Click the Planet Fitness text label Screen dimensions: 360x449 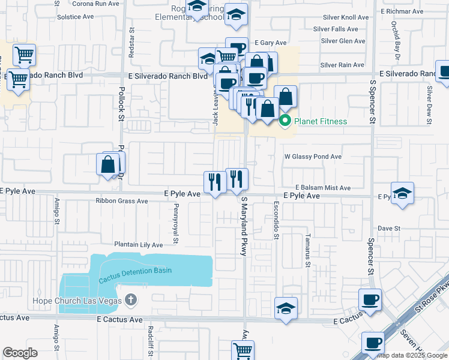320,122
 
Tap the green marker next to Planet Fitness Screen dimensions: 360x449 286,122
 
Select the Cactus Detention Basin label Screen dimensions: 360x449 136,271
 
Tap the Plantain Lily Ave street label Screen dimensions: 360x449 139,245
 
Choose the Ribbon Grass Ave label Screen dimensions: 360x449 121,201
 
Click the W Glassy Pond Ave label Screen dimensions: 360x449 312,157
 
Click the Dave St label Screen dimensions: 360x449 389,229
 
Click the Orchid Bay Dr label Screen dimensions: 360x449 394,37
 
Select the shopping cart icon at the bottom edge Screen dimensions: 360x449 243,351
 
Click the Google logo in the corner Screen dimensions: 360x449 20,353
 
